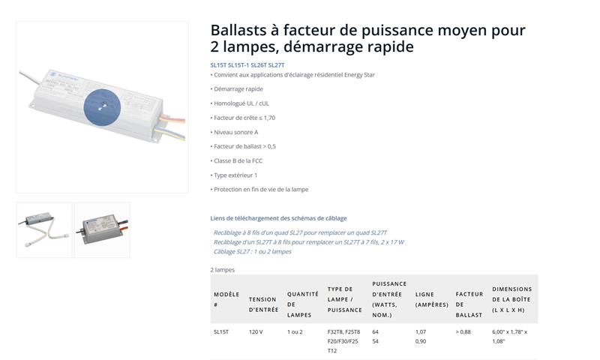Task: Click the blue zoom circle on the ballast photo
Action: [102, 107]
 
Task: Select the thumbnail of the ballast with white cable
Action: [44, 230]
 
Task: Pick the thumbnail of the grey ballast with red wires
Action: [102, 230]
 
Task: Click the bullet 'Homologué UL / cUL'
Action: [241, 103]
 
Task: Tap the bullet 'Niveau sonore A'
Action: [235, 132]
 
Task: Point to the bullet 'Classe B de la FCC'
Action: [238, 160]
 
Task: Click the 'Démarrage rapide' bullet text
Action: [238, 88]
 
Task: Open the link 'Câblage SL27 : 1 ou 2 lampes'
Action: [253, 251]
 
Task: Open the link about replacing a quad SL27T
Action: [301, 232]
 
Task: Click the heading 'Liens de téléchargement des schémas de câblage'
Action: [278, 218]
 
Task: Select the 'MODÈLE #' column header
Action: [226, 299]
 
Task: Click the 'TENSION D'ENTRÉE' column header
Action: [264, 304]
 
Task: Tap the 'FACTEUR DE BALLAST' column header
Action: [469, 304]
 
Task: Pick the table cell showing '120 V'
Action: [256, 331]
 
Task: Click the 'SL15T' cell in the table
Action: [221, 331]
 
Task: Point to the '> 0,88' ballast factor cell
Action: [463, 331]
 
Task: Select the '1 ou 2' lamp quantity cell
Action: [295, 331]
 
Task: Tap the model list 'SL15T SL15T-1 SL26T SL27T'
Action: [247, 65]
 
